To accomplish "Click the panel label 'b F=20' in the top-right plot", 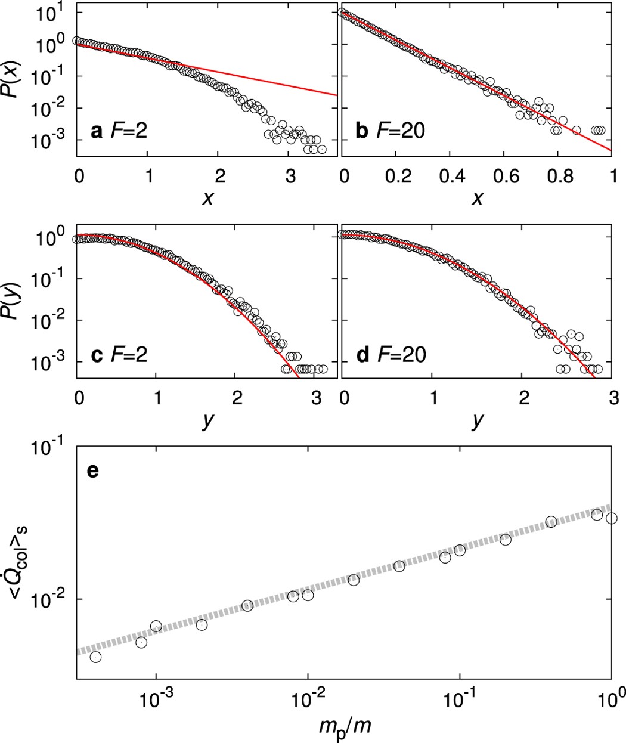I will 390,131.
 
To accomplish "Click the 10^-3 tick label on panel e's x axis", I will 156,698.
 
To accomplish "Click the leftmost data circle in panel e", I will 95,657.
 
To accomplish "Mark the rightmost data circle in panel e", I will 612,518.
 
